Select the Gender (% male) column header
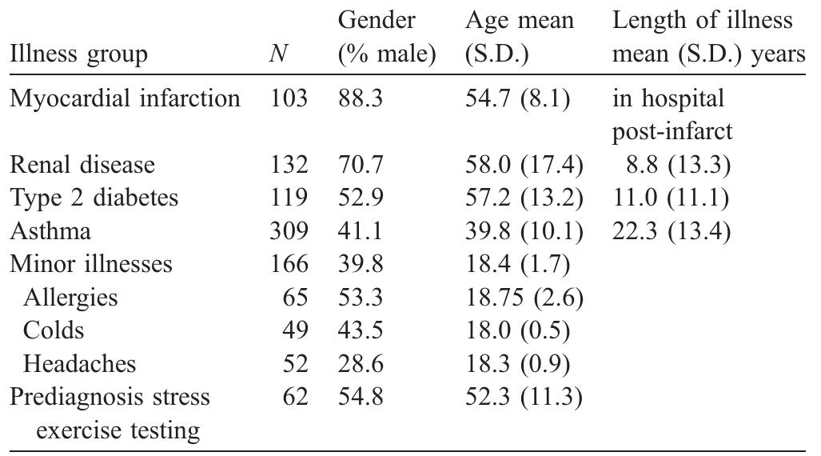[387, 38]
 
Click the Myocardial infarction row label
[125, 98]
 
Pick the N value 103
[289, 98]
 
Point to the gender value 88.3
[361, 98]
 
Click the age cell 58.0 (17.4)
[524, 165]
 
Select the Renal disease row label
[82, 165]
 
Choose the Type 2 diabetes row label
[94, 198]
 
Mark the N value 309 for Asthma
[289, 231]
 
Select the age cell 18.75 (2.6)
[524, 298]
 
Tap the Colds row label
[54, 330]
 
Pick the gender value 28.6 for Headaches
[361, 364]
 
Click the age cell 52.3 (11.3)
[524, 397]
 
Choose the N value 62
[296, 397]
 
